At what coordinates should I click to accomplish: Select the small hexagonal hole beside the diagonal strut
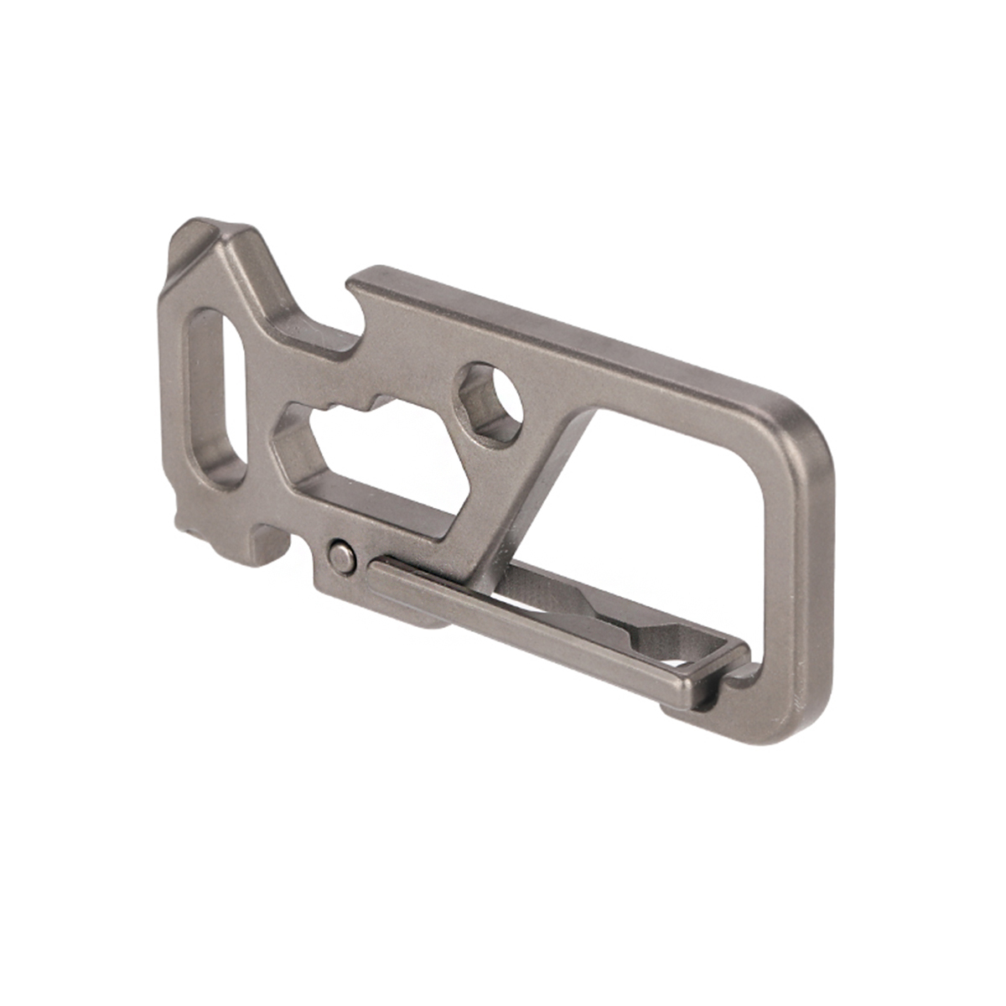(491, 403)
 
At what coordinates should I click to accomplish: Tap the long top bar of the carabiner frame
(570, 335)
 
